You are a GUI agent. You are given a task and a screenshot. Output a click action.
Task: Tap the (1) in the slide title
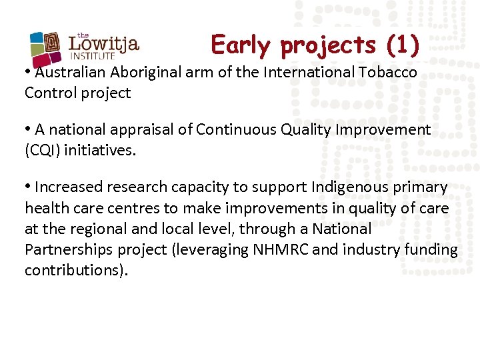(403, 45)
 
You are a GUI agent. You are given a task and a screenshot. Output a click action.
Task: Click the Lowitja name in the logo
(104, 45)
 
